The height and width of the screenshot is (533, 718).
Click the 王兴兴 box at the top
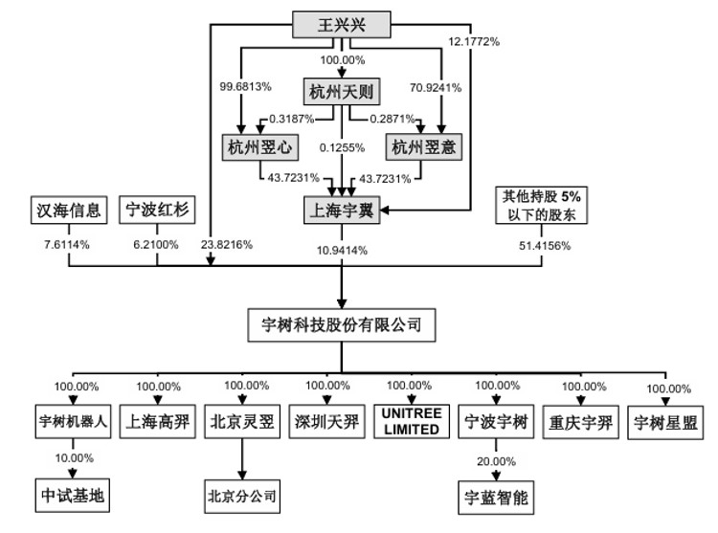click(x=342, y=25)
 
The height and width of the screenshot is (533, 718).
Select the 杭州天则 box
click(x=342, y=92)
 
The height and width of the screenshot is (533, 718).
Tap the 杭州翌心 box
click(x=260, y=147)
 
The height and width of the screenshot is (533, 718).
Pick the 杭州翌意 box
click(x=423, y=146)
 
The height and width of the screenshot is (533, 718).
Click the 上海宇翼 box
click(x=342, y=210)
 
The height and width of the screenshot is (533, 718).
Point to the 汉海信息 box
click(x=69, y=210)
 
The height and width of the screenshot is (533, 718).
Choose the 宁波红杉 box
click(x=157, y=210)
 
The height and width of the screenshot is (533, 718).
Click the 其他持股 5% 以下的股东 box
click(x=541, y=205)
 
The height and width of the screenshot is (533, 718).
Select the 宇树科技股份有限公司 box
click(x=342, y=324)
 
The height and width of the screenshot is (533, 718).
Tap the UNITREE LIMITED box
click(x=412, y=421)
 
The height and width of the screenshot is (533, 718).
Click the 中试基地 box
click(x=73, y=496)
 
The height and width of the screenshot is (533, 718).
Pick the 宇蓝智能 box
click(x=496, y=498)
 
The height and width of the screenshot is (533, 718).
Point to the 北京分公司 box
click(x=242, y=497)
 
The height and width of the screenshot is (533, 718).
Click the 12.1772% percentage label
click(x=474, y=42)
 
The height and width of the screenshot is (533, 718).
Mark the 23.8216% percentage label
click(x=227, y=245)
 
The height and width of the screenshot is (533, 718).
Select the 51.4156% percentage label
click(x=545, y=246)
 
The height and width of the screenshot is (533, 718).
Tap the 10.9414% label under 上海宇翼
click(x=342, y=251)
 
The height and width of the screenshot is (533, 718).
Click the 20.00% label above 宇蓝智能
click(x=496, y=461)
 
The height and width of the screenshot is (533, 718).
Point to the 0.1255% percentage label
click(x=342, y=147)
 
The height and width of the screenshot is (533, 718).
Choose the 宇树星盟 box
click(x=665, y=423)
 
